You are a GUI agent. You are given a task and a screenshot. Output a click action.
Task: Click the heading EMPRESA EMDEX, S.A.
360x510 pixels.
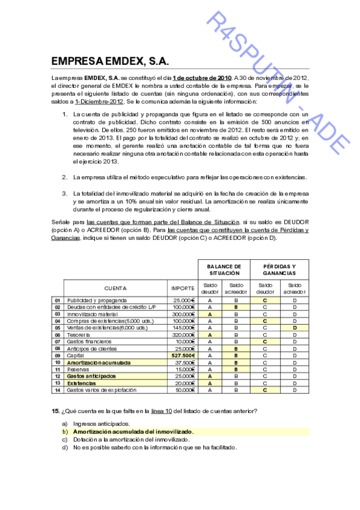coord(110,61)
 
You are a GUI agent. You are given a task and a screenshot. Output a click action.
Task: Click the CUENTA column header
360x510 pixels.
coord(115,288)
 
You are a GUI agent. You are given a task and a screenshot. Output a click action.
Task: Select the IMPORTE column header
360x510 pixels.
coord(182,288)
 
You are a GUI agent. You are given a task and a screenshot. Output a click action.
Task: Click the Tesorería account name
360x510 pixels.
coord(79,334)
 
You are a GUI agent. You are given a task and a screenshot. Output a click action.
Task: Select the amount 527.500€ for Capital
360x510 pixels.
coord(183,355)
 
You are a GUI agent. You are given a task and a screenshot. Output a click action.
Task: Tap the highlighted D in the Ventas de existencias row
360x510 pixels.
coord(294,328)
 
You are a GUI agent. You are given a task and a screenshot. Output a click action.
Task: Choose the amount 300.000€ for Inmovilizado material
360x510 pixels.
coord(183,313)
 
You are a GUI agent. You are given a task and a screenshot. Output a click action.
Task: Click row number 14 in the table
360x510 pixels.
coord(57,390)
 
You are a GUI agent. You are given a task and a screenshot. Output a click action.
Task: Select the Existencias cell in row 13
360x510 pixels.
coord(81,383)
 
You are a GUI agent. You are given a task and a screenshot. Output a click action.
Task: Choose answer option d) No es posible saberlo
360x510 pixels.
coord(154,447)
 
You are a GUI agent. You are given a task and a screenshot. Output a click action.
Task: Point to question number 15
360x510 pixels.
coord(55,411)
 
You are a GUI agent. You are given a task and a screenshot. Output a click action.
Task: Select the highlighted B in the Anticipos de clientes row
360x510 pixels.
coord(237,348)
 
